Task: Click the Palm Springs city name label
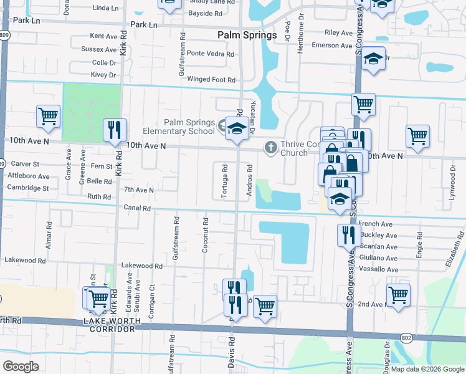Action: tap(247, 35)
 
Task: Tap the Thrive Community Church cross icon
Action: tap(270, 148)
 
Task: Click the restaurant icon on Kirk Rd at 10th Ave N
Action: tap(114, 130)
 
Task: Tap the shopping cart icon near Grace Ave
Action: tap(48, 115)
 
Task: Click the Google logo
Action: tap(21, 367)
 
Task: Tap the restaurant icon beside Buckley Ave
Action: tap(348, 235)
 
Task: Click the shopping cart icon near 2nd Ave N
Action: tap(398, 294)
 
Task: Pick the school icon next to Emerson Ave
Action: tap(373, 59)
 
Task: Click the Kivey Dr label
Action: tap(103, 75)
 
